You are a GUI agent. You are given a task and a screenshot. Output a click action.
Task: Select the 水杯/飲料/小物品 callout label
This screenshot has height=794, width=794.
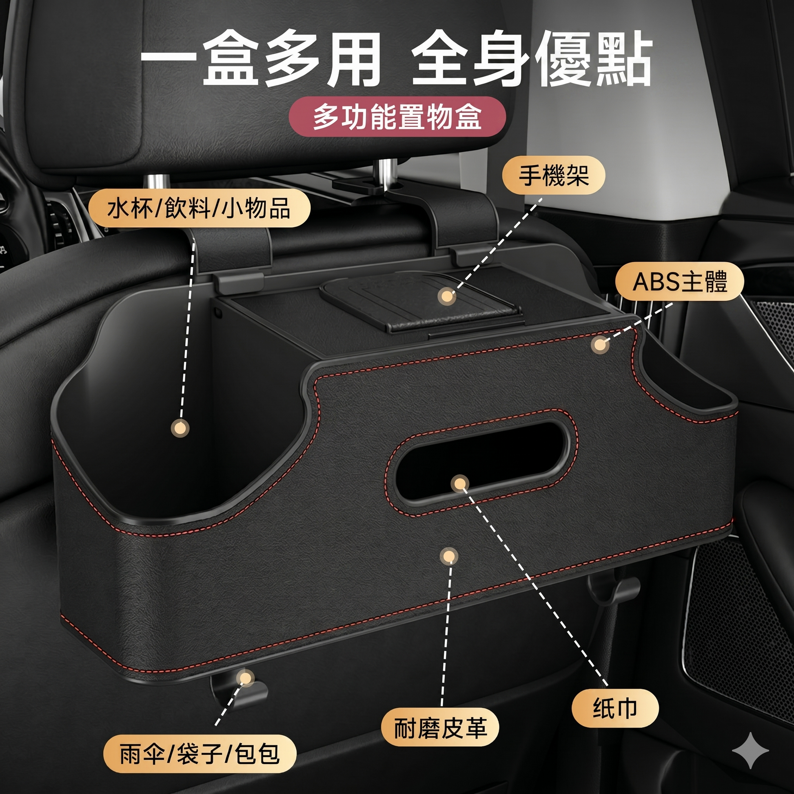[200, 208]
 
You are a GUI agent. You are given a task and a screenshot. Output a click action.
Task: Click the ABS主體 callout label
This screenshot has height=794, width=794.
[680, 282]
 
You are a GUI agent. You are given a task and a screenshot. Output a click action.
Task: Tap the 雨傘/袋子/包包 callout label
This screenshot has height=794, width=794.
[200, 754]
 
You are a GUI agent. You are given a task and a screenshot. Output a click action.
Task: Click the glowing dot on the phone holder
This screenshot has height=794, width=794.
[446, 296]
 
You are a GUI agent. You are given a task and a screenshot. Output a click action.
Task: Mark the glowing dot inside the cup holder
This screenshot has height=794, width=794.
[180, 428]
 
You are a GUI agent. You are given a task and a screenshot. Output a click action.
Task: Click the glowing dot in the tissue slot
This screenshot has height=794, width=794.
[459, 484]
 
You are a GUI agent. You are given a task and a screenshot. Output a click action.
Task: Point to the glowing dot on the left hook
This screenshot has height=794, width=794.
[246, 678]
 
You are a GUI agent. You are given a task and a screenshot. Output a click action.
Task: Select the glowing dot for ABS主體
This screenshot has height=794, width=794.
[600, 344]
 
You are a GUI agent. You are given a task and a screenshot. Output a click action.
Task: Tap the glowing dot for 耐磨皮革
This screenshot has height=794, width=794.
[449, 557]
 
